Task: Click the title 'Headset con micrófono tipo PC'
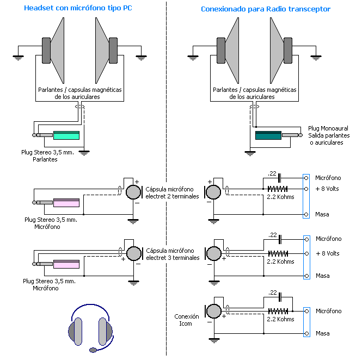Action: pyautogui.click(x=78, y=9)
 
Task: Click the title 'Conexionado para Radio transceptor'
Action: pyautogui.click(x=265, y=9)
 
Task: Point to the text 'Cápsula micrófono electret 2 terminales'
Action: pyautogui.click(x=173, y=192)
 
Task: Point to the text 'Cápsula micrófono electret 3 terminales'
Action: pyautogui.click(x=173, y=254)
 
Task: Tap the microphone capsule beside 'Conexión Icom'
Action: pyautogui.click(x=213, y=311)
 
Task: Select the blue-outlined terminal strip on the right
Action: pyautogui.click(x=306, y=196)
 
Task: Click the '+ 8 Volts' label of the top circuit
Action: pyautogui.click(x=327, y=189)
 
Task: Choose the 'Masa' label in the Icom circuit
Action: pyautogui.click(x=322, y=333)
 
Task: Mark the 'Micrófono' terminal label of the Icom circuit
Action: pyautogui.click(x=328, y=311)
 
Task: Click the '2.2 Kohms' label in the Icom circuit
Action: pyautogui.click(x=281, y=319)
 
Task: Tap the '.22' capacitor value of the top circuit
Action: pyautogui.click(x=272, y=173)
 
